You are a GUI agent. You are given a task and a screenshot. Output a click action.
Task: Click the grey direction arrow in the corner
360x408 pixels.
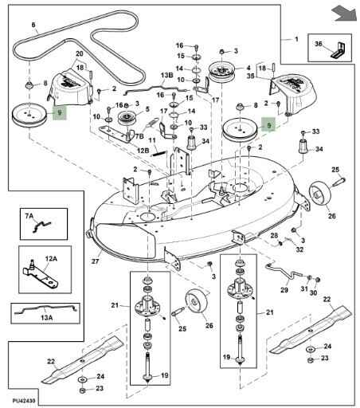(344, 14)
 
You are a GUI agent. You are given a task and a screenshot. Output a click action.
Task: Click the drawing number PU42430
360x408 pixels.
(23, 400)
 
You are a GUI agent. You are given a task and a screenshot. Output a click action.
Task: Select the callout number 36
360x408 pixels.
(319, 44)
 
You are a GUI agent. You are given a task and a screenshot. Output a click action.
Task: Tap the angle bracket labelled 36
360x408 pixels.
(338, 50)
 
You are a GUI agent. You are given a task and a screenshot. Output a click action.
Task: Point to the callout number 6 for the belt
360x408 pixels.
(33, 25)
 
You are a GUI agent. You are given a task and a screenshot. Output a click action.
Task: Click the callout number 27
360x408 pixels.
(95, 261)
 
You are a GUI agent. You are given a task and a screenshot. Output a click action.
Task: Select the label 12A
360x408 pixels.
(51, 258)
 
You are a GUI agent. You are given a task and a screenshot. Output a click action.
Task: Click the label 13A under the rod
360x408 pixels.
(47, 318)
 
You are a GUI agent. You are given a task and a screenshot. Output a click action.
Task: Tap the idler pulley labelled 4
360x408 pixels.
(222, 72)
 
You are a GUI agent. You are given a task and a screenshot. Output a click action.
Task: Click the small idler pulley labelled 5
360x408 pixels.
(127, 119)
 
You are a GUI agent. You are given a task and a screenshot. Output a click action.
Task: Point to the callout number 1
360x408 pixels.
(296, 39)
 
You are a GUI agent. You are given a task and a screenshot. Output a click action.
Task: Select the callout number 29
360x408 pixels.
(284, 290)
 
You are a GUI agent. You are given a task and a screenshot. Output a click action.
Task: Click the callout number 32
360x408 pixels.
(299, 249)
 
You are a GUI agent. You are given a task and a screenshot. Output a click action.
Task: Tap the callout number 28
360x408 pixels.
(274, 235)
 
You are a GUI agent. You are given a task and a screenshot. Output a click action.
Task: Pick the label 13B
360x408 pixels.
(167, 75)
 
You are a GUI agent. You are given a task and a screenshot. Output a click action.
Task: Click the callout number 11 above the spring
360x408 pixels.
(152, 140)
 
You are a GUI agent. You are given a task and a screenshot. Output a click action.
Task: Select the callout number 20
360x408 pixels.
(80, 53)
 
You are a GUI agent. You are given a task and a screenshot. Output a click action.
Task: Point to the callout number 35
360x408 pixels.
(251, 76)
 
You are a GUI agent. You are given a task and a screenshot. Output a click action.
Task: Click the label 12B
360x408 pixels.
(143, 151)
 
